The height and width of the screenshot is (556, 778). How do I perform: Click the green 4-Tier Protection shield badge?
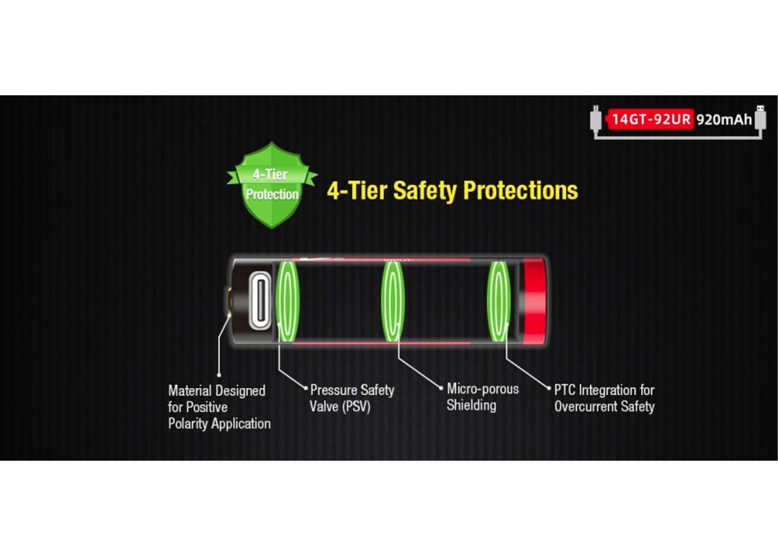click(272, 185)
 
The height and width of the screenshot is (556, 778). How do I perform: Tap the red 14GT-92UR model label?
click(651, 119)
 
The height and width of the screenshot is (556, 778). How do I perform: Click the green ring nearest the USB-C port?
click(288, 301)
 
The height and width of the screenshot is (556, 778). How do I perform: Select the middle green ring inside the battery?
click(393, 301)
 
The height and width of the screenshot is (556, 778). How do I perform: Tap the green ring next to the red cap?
click(499, 301)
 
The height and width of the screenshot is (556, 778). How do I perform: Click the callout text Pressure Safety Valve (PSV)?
click(352, 398)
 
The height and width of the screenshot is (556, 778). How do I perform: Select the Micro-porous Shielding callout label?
click(483, 397)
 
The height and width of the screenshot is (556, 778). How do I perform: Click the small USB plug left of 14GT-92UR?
click(596, 118)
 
